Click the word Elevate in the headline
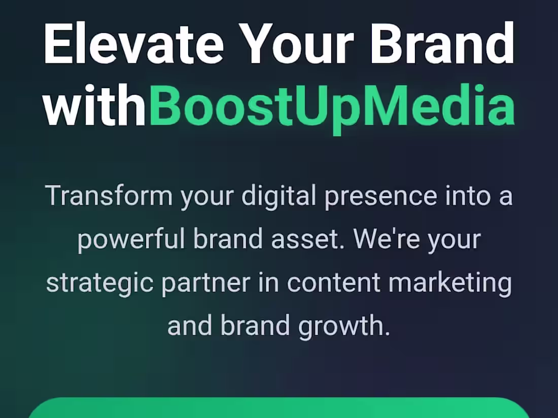point(133,43)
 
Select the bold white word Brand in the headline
point(443,43)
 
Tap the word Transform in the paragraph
point(109,196)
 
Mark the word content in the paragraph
point(334,283)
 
